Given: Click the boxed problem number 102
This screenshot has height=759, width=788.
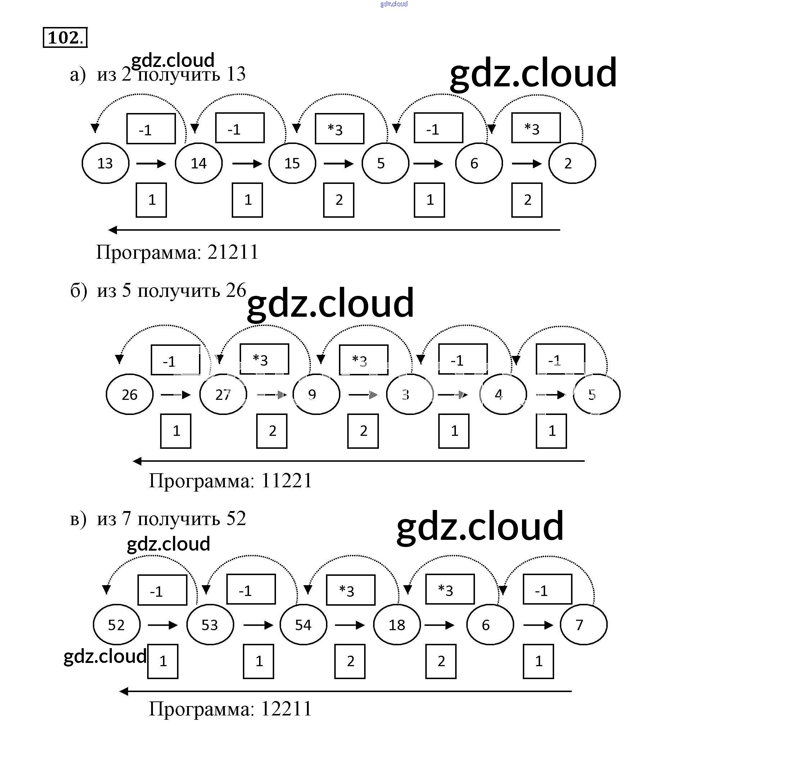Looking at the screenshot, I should point(65,37).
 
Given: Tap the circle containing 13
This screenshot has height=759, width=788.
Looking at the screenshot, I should point(105,163).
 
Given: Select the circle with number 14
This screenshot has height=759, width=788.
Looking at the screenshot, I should point(199,163).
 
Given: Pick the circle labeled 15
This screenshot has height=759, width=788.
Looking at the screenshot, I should point(292,163).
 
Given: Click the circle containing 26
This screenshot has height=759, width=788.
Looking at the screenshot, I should point(130,394).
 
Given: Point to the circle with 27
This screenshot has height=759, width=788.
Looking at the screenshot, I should point(223,394).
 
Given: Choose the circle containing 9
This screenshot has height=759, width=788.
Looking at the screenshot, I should point(316,394).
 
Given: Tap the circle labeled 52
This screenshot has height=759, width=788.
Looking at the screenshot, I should point(117,625).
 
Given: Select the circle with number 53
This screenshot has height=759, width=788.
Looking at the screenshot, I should point(210,625).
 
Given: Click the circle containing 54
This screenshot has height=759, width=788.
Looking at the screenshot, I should point(304,625).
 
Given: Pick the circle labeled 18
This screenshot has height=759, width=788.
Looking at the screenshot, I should point(397,625).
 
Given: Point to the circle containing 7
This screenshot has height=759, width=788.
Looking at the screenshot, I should point(583,625).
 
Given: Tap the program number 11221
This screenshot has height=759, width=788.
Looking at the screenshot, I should point(286,480).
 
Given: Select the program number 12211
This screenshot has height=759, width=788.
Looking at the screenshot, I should point(286,709).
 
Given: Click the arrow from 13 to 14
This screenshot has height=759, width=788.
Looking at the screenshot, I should point(151,164).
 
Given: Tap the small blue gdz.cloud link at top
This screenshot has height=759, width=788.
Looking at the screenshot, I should point(394,4).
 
